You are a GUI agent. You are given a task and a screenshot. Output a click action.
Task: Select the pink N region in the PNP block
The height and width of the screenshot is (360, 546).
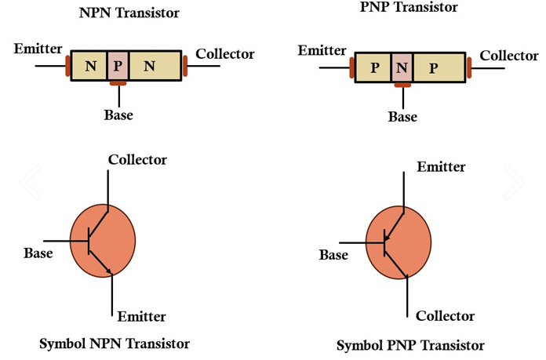pos(402,68)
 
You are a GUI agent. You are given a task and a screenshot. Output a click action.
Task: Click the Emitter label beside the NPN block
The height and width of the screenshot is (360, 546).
pos(37,49)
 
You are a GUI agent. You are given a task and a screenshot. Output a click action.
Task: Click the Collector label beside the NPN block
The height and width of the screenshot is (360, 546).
pos(224,54)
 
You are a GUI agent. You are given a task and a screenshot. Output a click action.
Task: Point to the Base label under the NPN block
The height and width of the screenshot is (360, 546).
pos(118,115)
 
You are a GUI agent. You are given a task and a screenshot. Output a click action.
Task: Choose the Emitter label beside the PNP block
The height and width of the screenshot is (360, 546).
pos(322,52)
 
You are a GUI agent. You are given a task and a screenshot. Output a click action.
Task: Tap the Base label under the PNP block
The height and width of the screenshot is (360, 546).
pos(402,117)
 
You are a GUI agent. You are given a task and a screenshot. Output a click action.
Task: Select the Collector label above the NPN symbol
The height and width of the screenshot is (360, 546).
pos(137,159)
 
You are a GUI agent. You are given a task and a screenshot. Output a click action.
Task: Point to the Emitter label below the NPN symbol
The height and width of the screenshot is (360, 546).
pos(141,317)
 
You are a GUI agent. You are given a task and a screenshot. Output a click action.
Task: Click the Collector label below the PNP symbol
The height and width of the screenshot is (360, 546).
pos(445,316)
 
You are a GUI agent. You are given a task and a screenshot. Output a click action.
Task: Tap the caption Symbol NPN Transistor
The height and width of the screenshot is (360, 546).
pos(114,344)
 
